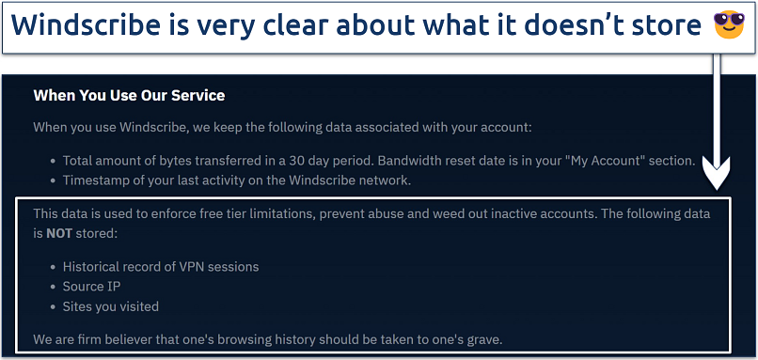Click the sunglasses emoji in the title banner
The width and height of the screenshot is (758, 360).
(729, 24)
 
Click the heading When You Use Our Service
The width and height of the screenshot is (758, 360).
(129, 95)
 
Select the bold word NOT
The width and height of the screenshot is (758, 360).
(58, 234)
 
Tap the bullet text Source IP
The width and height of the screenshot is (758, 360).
(92, 287)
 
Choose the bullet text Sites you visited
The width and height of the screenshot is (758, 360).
(111, 306)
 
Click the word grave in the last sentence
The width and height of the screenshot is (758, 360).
(484, 340)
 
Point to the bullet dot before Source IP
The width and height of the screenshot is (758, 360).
(54, 287)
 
